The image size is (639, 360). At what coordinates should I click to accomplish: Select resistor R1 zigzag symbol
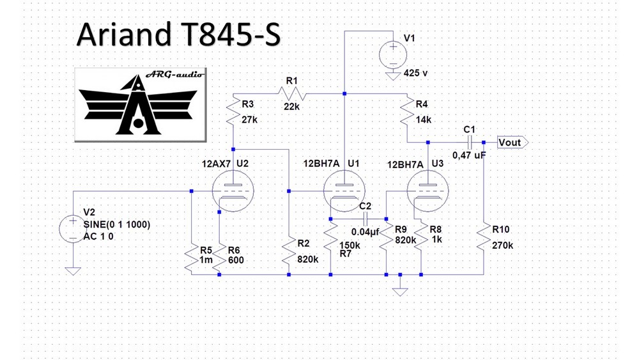[x=292, y=94]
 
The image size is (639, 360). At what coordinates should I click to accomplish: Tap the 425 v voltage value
[x=416, y=73]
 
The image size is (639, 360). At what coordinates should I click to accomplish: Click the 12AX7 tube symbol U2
[x=233, y=191]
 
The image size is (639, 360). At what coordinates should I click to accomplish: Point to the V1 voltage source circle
[x=393, y=55]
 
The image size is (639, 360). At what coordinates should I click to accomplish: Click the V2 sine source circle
[x=73, y=229]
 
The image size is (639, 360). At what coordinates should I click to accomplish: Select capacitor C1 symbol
[x=470, y=143]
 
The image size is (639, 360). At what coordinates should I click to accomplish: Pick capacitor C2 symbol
[x=365, y=219]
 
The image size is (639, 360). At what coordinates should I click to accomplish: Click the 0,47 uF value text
[x=469, y=155]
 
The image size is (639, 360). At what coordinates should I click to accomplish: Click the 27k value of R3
[x=249, y=120]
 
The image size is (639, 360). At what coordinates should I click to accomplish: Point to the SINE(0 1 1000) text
[x=116, y=224]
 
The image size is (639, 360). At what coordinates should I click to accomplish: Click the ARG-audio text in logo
[x=175, y=74]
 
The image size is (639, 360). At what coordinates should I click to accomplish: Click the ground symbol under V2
[x=73, y=271]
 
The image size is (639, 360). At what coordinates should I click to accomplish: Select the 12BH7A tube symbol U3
[x=428, y=191]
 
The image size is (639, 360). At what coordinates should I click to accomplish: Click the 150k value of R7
[x=350, y=246]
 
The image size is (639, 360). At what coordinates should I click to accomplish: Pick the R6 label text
[x=234, y=250]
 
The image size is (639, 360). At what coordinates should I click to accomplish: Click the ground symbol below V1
[x=393, y=76]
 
